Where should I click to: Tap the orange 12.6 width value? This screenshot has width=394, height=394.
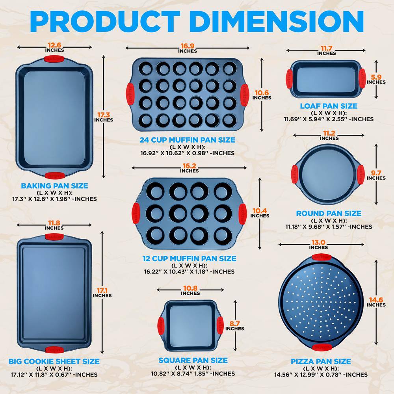click(54, 45)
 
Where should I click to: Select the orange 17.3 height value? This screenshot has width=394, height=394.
click(103, 115)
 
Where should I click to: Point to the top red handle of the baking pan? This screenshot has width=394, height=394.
click(53, 60)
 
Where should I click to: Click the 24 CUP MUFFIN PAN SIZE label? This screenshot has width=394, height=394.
click(187, 140)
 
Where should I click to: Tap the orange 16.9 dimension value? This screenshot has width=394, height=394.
click(188, 46)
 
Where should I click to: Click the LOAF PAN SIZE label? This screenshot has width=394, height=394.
click(329, 106)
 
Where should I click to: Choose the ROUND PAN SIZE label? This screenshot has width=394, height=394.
click(329, 214)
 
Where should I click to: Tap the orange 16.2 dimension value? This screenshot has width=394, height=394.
click(189, 166)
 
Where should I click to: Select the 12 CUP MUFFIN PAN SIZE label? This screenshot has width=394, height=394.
click(189, 259)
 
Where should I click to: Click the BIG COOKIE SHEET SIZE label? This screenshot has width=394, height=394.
click(54, 362)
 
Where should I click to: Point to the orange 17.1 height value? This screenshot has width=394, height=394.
click(102, 291)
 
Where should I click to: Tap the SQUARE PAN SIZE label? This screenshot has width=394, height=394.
click(193, 361)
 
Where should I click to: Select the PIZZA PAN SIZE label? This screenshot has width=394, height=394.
click(321, 362)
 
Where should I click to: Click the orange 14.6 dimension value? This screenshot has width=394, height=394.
click(376, 300)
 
